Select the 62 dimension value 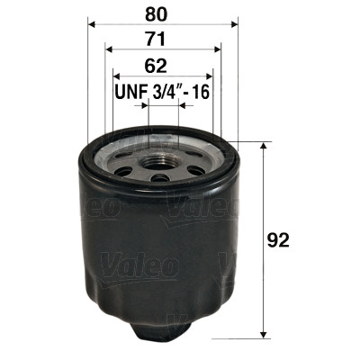pos(161,65)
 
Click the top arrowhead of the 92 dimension pos(263,146)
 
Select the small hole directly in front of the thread pos(162,178)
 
